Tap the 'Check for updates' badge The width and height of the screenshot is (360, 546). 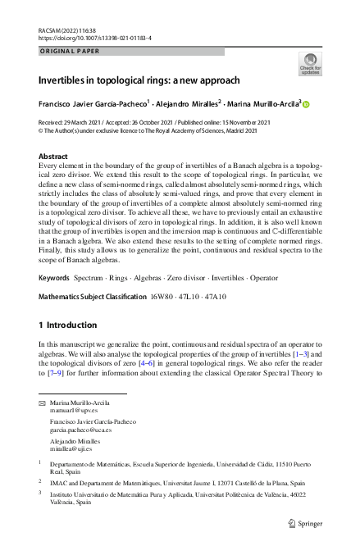click(x=310, y=64)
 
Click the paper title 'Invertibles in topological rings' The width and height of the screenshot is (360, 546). click(x=139, y=81)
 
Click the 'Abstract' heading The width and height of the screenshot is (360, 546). click(x=53, y=155)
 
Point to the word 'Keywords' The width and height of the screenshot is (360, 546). click(x=54, y=256)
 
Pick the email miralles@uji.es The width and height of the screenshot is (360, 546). click(x=68, y=448)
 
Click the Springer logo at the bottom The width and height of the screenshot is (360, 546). click(x=305, y=524)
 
